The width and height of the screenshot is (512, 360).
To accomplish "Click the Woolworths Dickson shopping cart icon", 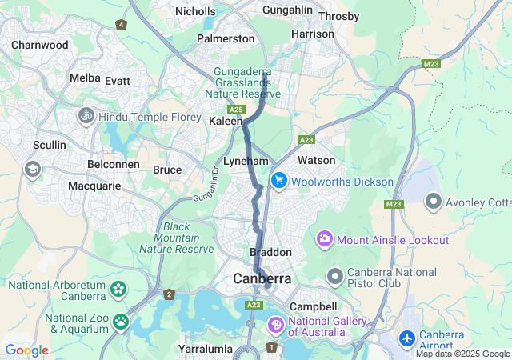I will click(278, 181).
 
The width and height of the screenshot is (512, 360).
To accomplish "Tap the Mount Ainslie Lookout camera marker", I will click(325, 238).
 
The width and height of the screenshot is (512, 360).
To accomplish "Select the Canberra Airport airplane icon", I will click(407, 339).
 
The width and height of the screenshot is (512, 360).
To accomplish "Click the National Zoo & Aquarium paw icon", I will click(121, 322).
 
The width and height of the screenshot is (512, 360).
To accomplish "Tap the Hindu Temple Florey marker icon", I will click(86, 117).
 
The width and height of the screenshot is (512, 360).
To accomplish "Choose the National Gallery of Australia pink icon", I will click(275, 325).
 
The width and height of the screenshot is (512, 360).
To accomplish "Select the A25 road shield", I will click(235, 109).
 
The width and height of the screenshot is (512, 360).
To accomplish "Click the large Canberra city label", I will click(262, 278).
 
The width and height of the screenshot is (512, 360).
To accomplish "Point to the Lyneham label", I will click(245, 161).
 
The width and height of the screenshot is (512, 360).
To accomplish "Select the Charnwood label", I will click(39, 45).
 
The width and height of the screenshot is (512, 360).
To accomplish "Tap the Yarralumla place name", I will click(206, 349).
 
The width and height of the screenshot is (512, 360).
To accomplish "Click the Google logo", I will click(26, 350).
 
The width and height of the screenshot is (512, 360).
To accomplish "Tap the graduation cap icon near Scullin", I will click(33, 169).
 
